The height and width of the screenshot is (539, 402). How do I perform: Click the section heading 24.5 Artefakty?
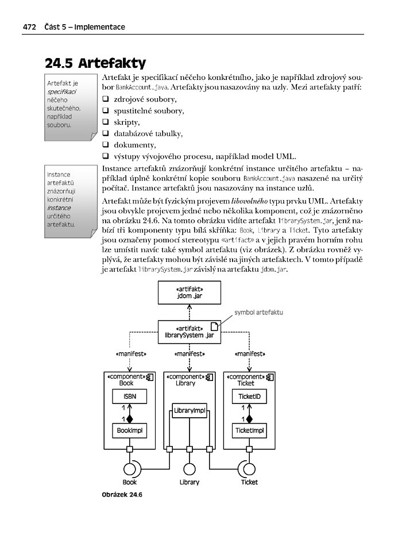pyautogui.click(x=95, y=63)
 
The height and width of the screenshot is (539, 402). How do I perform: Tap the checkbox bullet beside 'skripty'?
pyautogui.click(x=106, y=122)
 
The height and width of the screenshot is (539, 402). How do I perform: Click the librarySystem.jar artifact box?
pyautogui.click(x=189, y=332)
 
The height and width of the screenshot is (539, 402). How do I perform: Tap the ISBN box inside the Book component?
pyautogui.click(x=129, y=396)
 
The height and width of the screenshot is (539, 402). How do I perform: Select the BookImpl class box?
pyautogui.click(x=129, y=429)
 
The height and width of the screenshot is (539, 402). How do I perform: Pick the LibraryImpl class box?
pyautogui.click(x=189, y=411)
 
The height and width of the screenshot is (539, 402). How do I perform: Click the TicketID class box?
pyautogui.click(x=249, y=396)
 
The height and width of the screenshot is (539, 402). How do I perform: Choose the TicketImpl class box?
pyautogui.click(x=249, y=429)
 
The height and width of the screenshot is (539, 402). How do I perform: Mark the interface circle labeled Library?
pyautogui.click(x=189, y=468)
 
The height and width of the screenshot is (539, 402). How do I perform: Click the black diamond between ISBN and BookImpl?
pyautogui.click(x=129, y=418)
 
